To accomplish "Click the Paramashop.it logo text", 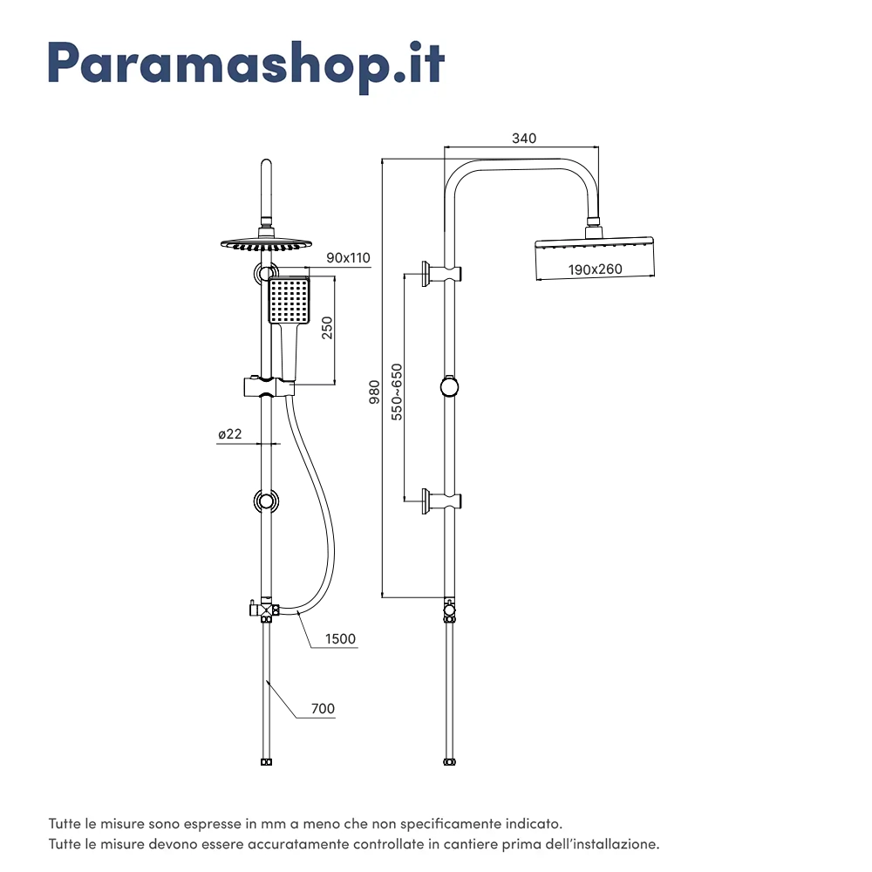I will pos(246,63).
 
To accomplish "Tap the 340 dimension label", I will pos(524,138).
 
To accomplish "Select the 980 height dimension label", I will pos(374,392).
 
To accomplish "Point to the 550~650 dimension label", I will pos(397,392).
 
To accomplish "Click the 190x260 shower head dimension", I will pos(596,269).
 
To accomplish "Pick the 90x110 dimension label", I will pos(349,257).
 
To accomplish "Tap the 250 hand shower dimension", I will pos(327,328).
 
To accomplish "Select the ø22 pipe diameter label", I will pos(230,433).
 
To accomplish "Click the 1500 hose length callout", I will pos(340,639).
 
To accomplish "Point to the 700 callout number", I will pos(323,709).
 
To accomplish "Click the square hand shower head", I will pos(289,301).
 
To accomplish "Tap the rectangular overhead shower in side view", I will pos(594,257).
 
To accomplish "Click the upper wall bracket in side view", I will pos(441,274).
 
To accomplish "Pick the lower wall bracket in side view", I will pos(441,501).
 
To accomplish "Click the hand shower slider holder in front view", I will pos(266,385).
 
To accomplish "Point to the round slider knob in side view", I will pos(449,386).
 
